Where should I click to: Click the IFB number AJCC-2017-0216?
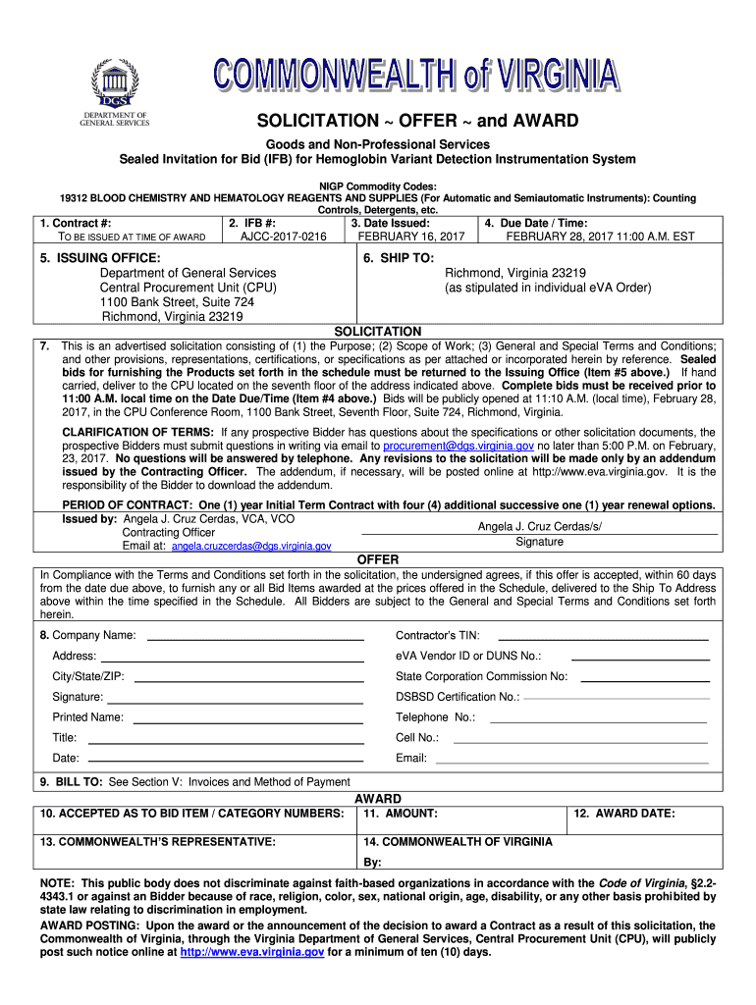click(x=276, y=237)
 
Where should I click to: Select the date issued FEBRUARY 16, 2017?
click(x=410, y=237)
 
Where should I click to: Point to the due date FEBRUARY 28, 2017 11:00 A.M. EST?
click(x=600, y=237)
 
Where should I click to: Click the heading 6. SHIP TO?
click(x=398, y=257)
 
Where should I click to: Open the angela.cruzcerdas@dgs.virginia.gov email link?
click(x=251, y=546)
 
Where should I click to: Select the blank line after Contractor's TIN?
click(x=604, y=638)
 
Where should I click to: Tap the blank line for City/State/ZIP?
click(x=248, y=679)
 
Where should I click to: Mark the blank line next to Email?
click(x=571, y=762)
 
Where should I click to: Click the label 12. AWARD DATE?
click(x=624, y=814)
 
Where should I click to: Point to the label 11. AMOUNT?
click(x=401, y=814)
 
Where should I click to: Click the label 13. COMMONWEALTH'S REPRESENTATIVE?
click(x=158, y=842)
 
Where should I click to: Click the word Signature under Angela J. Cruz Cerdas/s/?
click(x=539, y=542)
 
